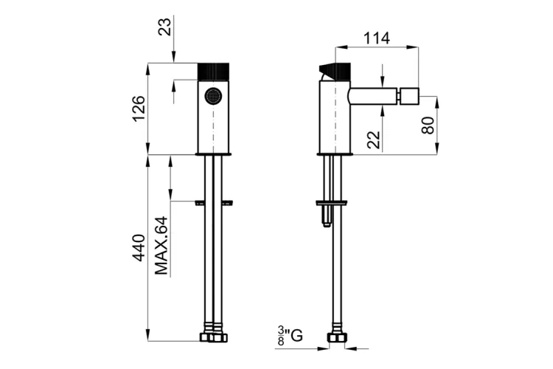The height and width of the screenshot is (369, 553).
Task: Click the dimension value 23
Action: click(x=164, y=27)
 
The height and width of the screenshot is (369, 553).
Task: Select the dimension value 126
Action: click(x=139, y=108)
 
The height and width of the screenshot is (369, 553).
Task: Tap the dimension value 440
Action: click(x=139, y=247)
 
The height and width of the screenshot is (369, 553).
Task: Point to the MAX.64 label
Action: click(x=161, y=246)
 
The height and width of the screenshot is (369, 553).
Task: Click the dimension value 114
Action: click(x=377, y=38)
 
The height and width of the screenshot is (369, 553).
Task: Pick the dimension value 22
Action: click(x=374, y=139)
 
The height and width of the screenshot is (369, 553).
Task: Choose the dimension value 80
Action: click(x=428, y=125)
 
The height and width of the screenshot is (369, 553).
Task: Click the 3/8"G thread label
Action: click(x=290, y=336)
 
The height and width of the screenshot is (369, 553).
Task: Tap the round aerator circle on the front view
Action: click(x=213, y=96)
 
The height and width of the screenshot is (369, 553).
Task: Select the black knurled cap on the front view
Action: click(x=213, y=72)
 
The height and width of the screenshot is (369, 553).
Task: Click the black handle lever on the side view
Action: click(x=335, y=72)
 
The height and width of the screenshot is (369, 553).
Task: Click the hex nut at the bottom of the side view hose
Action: click(x=337, y=337)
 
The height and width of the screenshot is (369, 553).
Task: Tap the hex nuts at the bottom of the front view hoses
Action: click(x=214, y=337)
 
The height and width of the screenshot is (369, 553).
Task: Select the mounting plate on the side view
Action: click(x=332, y=203)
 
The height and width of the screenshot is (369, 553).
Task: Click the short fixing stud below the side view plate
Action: click(x=327, y=215)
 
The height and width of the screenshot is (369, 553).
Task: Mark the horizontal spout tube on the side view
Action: click(x=373, y=96)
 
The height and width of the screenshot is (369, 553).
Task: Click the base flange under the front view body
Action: click(x=213, y=154)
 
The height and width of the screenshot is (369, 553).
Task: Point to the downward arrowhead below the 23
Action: click(x=174, y=57)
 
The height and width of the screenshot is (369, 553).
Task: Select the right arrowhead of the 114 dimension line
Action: click(x=412, y=46)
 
